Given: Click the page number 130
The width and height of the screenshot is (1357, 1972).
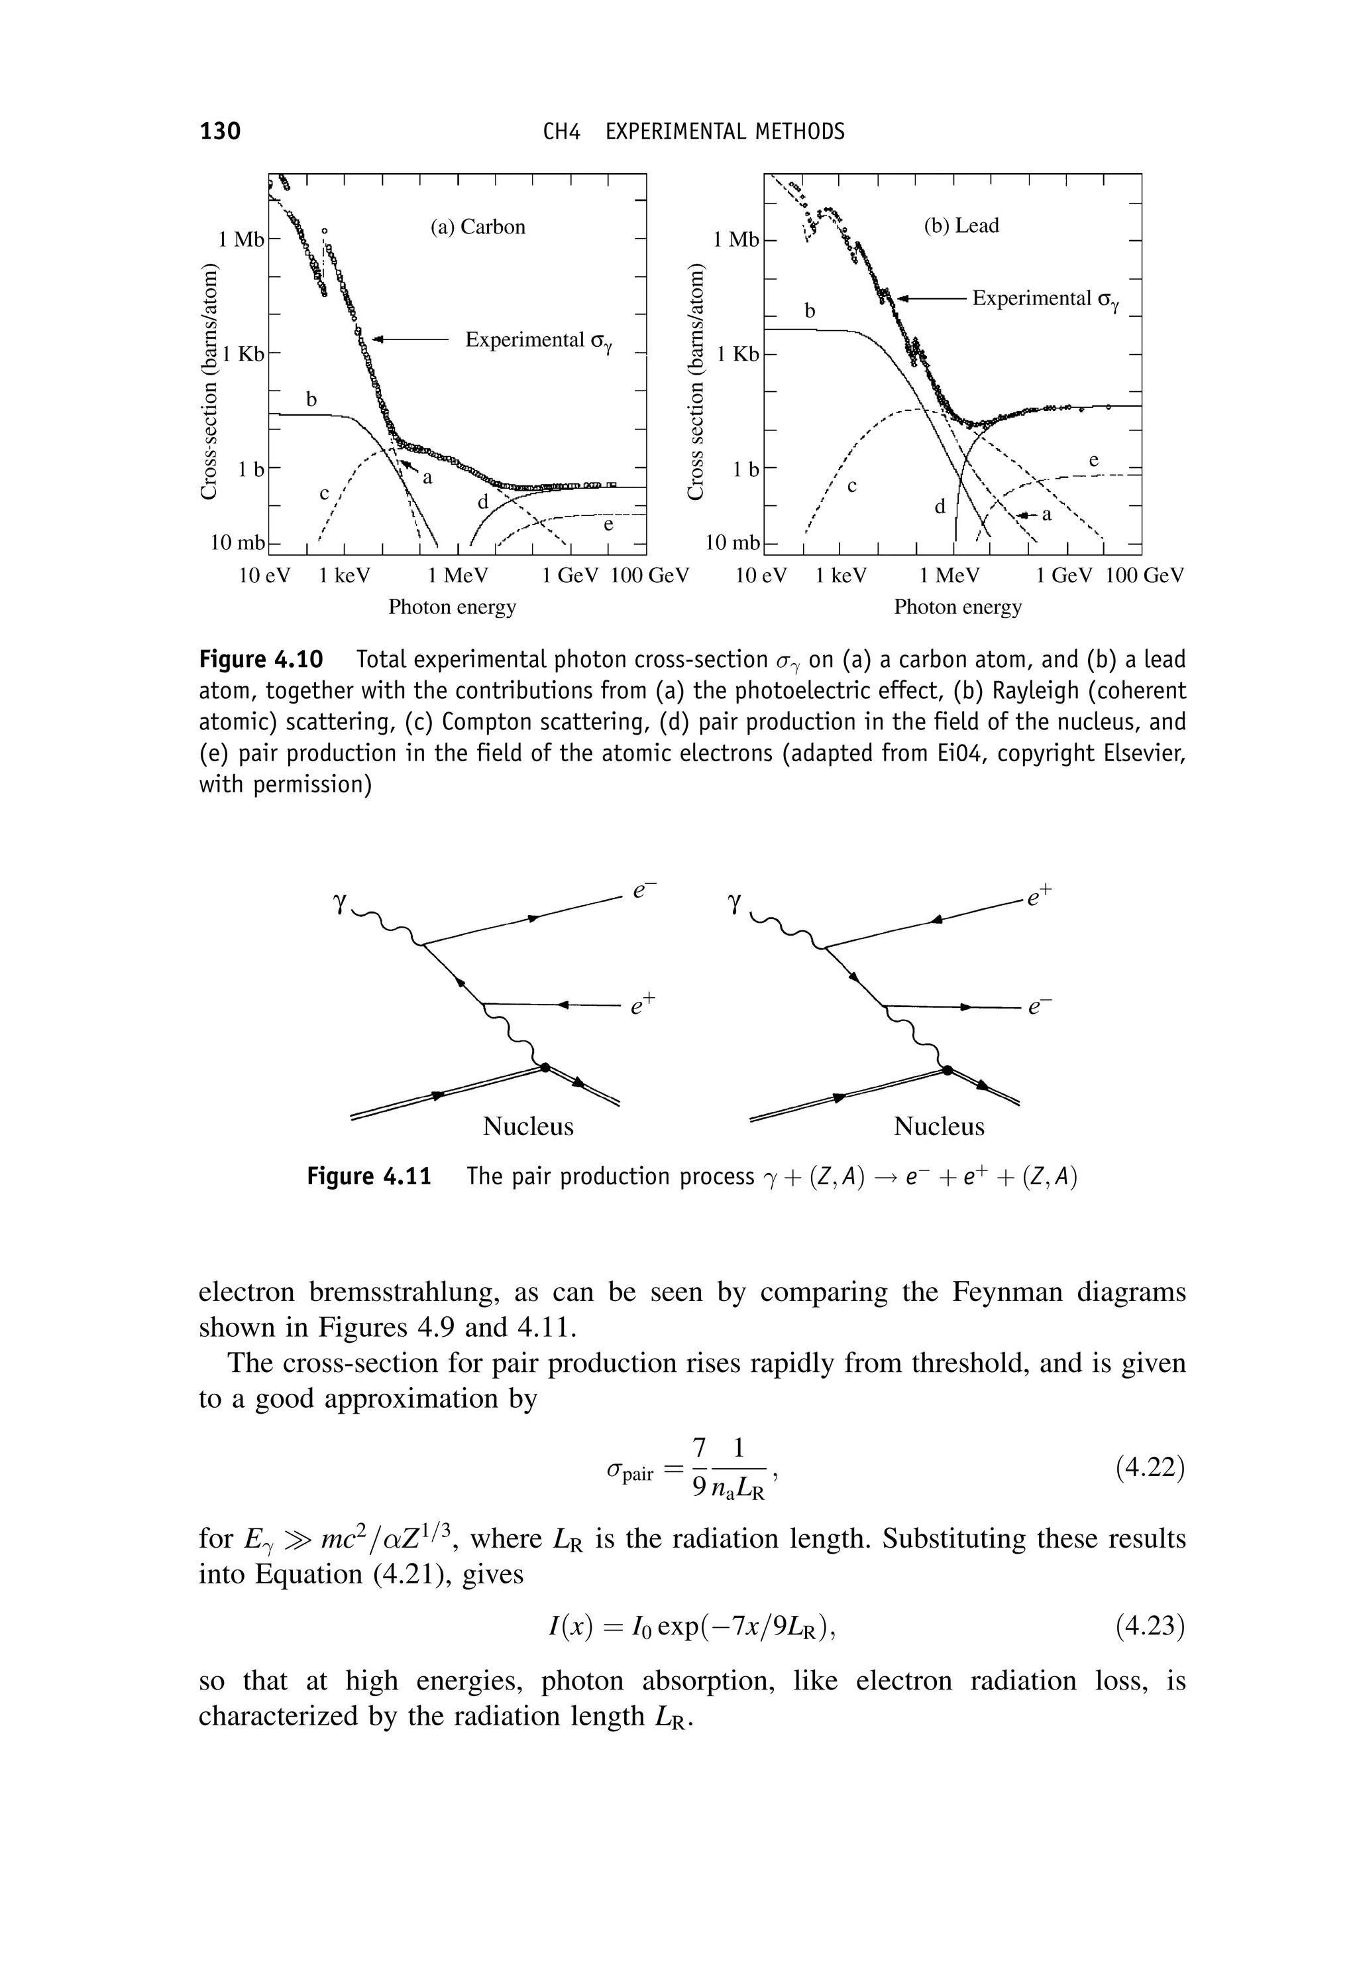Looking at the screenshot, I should pyautogui.click(x=220, y=131).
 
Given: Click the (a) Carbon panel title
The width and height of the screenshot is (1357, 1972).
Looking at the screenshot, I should pyautogui.click(x=477, y=227).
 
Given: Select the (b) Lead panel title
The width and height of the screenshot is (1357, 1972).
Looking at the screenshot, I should pyautogui.click(x=961, y=225).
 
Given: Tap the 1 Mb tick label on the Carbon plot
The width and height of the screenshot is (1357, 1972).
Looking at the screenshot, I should pyautogui.click(x=238, y=240).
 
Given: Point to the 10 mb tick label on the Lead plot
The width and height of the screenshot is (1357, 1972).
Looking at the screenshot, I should pyautogui.click(x=733, y=543).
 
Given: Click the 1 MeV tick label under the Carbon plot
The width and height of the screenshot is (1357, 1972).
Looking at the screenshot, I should pyautogui.click(x=459, y=576).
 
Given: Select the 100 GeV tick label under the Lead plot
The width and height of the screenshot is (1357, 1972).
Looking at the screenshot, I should pyautogui.click(x=1144, y=576).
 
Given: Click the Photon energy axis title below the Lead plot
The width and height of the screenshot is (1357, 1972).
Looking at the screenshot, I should pyautogui.click(x=957, y=607).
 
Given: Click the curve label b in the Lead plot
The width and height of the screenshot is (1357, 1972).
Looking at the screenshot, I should pyautogui.click(x=810, y=312).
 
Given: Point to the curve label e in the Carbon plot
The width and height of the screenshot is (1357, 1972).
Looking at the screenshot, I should pyautogui.click(x=608, y=526).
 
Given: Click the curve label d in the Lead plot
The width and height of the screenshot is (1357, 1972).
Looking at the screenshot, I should pyautogui.click(x=940, y=507).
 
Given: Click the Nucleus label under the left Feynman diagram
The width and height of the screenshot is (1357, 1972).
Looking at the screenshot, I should pyautogui.click(x=528, y=1127).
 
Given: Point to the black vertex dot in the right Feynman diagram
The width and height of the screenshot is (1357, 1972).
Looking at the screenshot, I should pyautogui.click(x=946, y=1070).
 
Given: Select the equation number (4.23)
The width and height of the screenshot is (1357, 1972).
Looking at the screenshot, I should pyautogui.click(x=1150, y=1627).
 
